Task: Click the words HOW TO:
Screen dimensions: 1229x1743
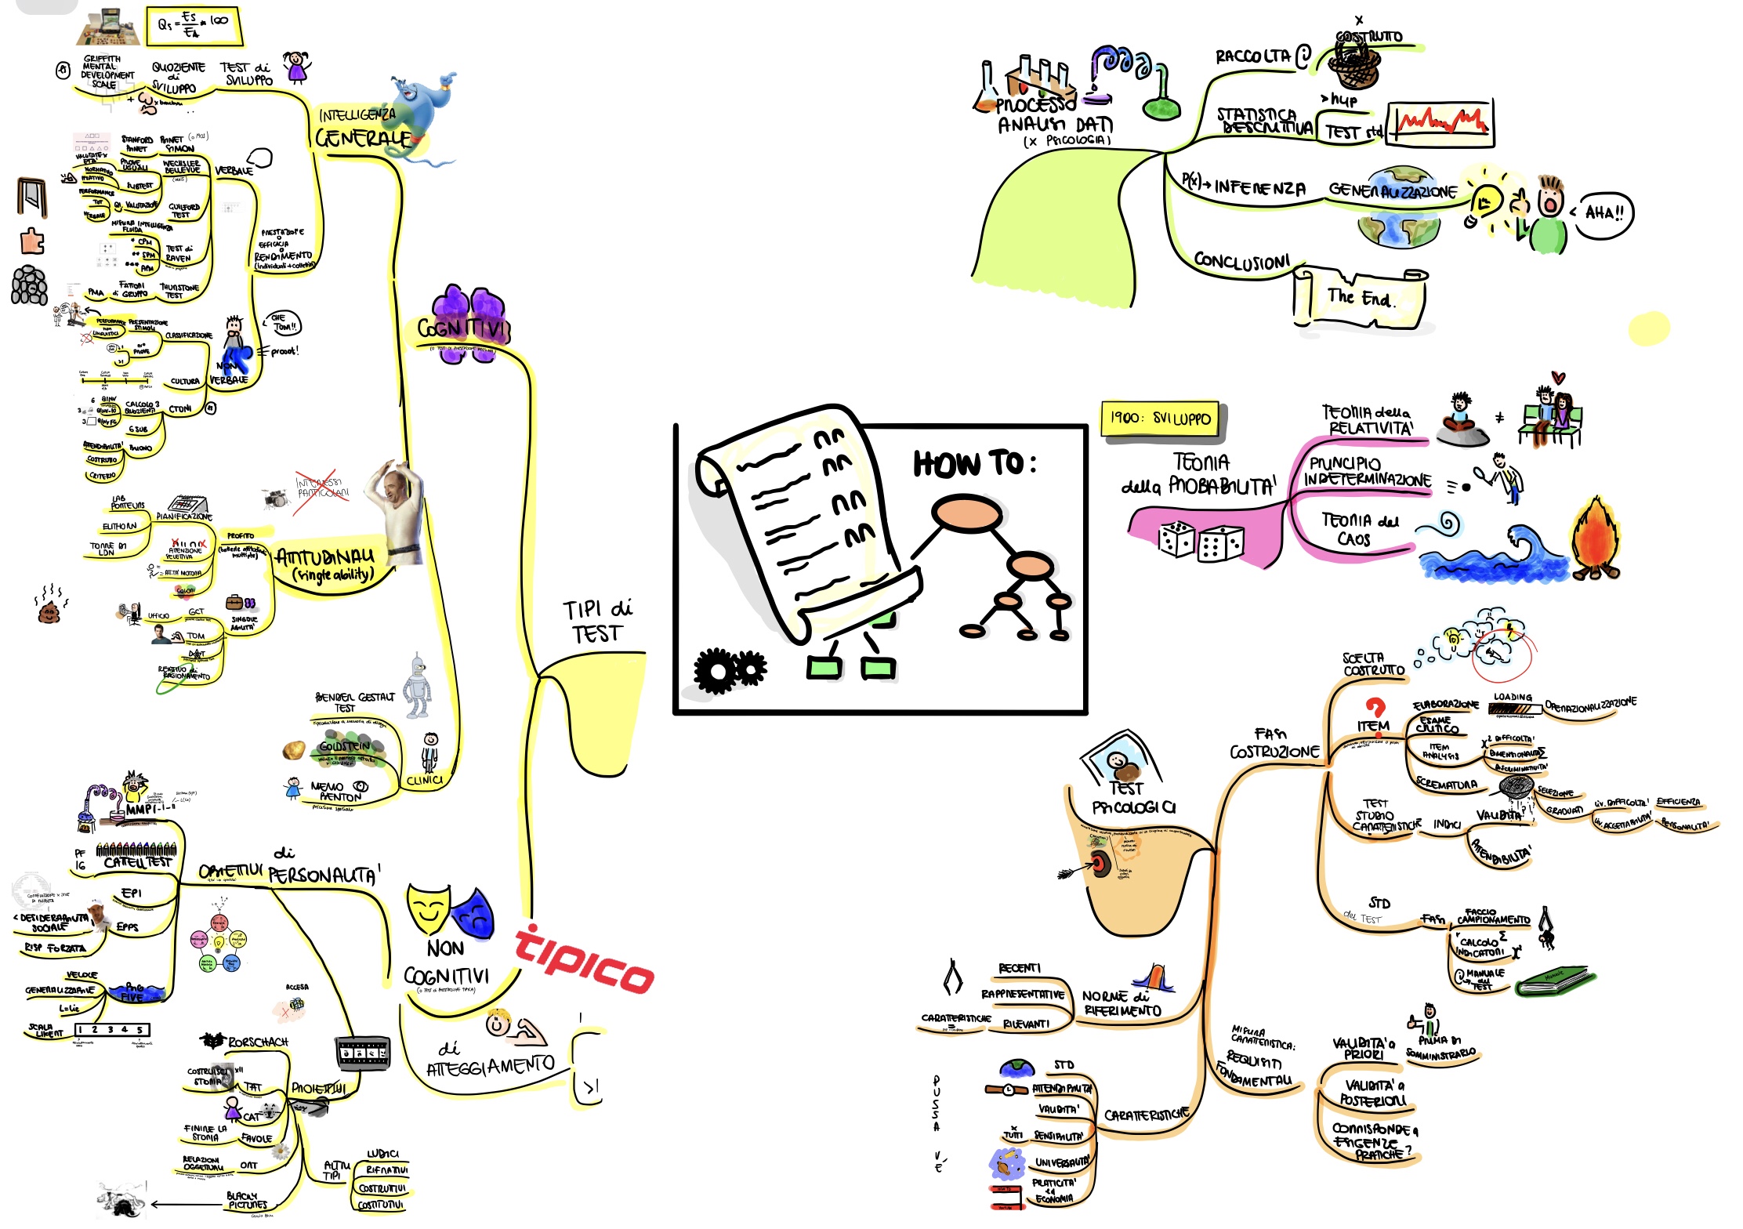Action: coord(974,464)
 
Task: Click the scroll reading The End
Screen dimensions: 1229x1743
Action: coord(1361,299)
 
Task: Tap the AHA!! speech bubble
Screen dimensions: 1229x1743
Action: coord(1603,212)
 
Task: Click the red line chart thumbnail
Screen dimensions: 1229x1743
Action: coord(1440,123)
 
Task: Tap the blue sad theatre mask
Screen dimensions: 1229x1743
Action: coord(473,909)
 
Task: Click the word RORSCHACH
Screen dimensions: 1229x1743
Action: coord(258,1042)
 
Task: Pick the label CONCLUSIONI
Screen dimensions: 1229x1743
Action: coord(1241,261)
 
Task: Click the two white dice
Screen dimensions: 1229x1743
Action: coord(1199,541)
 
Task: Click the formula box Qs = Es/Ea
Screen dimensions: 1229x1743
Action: coord(194,26)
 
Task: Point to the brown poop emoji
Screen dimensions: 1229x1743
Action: coord(49,610)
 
